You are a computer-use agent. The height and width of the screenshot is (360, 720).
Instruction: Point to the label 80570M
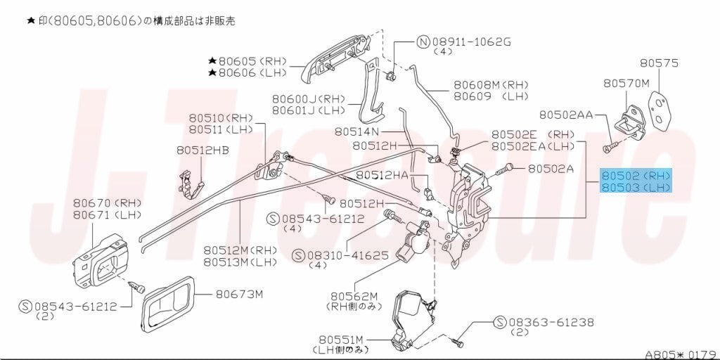(x=626, y=83)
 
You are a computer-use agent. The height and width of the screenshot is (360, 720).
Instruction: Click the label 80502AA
(x=566, y=115)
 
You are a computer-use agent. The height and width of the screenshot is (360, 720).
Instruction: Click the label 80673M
(x=239, y=294)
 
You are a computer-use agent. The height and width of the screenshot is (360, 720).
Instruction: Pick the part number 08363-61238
(x=551, y=322)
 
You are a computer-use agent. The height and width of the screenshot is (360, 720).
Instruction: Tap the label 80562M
(x=354, y=296)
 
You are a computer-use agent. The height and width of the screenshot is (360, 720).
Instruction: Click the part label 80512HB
(x=202, y=150)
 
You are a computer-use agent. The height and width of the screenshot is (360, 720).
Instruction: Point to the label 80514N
(x=356, y=131)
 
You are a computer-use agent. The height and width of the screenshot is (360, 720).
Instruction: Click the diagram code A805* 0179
(x=681, y=354)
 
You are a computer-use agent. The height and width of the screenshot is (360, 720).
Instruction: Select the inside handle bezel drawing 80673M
(x=168, y=304)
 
